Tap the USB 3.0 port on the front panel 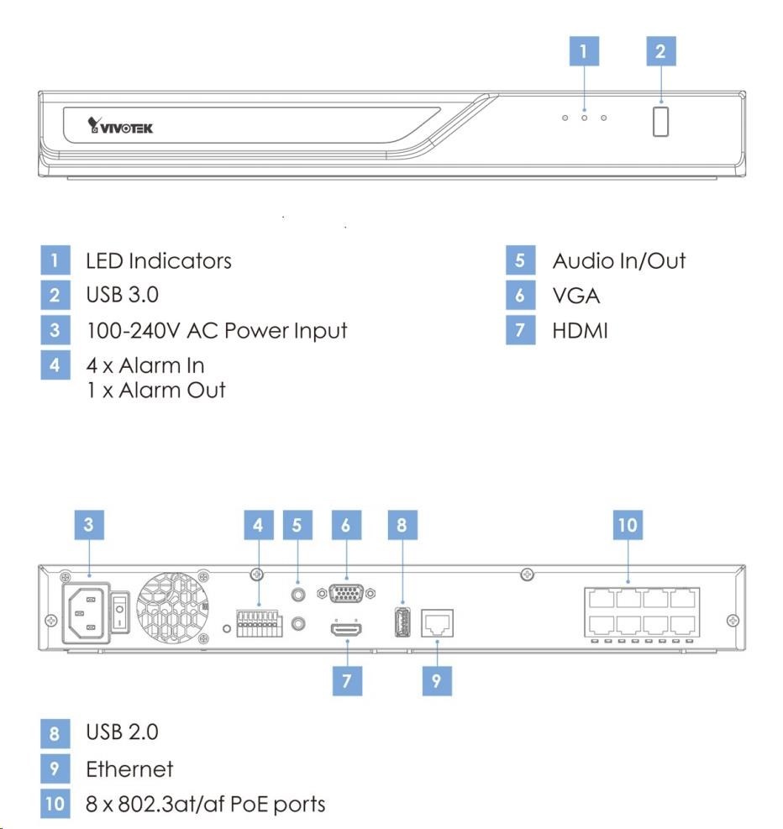(x=660, y=121)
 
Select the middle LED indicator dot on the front (x=584, y=118)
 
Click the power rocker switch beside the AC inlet (x=121, y=611)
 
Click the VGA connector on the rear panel (x=345, y=593)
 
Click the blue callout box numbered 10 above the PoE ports (x=628, y=526)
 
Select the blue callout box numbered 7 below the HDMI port (x=347, y=681)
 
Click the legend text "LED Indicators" (x=158, y=260)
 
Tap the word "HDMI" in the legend (x=580, y=330)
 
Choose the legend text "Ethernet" (x=129, y=769)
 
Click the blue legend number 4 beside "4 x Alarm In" (x=54, y=365)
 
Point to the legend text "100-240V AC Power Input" (x=216, y=330)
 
